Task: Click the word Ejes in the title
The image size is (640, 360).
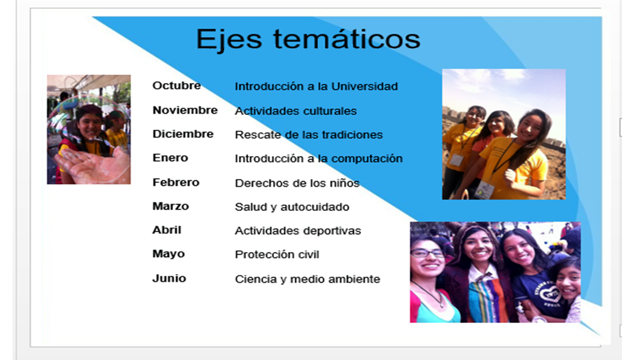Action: pyautogui.click(x=229, y=40)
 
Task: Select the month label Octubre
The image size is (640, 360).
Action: pyautogui.click(x=176, y=85)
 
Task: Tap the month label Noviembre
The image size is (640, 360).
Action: pyautogui.click(x=185, y=110)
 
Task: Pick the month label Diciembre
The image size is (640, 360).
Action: pyautogui.click(x=183, y=133)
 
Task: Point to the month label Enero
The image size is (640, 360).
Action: pyautogui.click(x=170, y=157)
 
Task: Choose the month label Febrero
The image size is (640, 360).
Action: pyautogui.click(x=175, y=182)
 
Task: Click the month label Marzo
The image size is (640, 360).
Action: pyautogui.click(x=170, y=206)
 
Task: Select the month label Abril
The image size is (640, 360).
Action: pyautogui.click(x=167, y=229)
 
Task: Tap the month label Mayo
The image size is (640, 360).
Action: pyautogui.click(x=168, y=254)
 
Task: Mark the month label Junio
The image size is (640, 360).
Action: pyautogui.click(x=169, y=278)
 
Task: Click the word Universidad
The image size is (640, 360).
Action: pyautogui.click(x=364, y=86)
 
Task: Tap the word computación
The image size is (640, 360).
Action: pyautogui.click(x=367, y=159)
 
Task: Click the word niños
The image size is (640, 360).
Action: pyautogui.click(x=344, y=183)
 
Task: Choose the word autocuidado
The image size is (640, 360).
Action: pyautogui.click(x=315, y=207)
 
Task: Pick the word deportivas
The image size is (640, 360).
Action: pyautogui.click(x=332, y=231)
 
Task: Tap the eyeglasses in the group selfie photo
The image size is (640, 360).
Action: pyautogui.click(x=427, y=253)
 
